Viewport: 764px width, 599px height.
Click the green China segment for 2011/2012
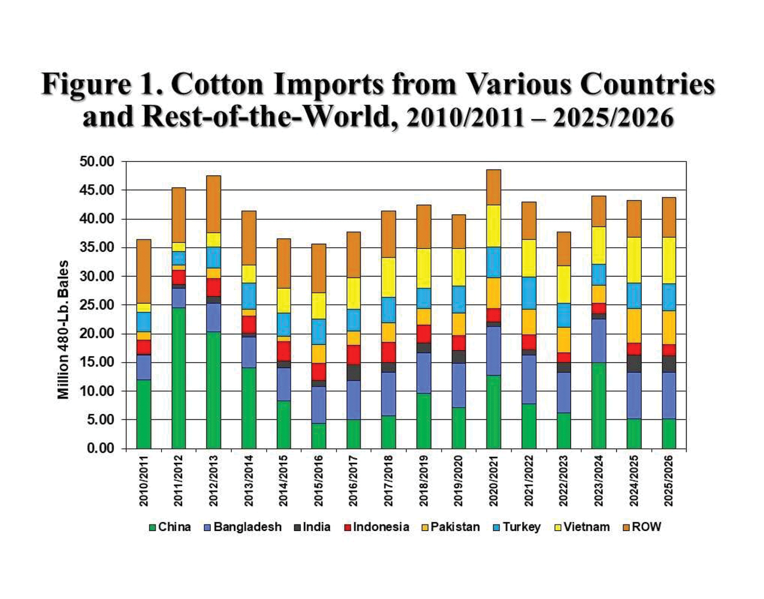178,378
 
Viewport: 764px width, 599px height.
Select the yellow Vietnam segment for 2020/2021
494,226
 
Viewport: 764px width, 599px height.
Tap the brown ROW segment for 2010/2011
144,271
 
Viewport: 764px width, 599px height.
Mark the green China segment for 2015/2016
319,436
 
